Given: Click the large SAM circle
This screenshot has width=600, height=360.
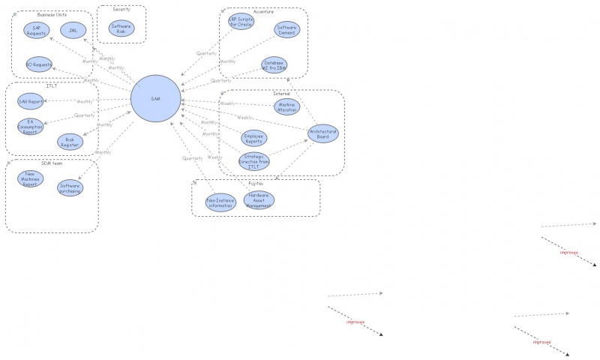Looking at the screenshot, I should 155,99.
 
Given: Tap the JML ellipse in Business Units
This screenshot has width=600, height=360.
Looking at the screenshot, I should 73,30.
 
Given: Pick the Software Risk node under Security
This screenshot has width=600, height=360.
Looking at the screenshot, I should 121,28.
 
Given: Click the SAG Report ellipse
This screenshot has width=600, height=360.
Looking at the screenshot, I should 30,101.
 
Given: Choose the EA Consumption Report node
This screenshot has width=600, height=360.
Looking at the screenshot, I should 30,126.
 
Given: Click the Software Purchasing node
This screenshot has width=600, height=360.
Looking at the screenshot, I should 70,188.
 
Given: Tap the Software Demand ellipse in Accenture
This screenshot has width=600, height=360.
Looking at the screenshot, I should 287,30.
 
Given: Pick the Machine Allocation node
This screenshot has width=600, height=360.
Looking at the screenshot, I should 286,107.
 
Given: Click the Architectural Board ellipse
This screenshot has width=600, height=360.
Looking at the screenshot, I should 323,133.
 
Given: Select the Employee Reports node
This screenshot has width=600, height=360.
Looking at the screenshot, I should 253,138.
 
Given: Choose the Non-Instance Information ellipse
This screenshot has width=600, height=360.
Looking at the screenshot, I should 220,202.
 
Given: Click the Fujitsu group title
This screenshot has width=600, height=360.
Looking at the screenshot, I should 256,182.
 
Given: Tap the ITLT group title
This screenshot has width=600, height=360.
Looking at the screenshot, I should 52,85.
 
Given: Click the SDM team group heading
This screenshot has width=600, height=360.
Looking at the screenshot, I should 51,163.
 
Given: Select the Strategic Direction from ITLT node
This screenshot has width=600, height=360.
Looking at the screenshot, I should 253,160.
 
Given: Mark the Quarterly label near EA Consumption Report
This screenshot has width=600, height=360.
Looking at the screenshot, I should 85,115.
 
